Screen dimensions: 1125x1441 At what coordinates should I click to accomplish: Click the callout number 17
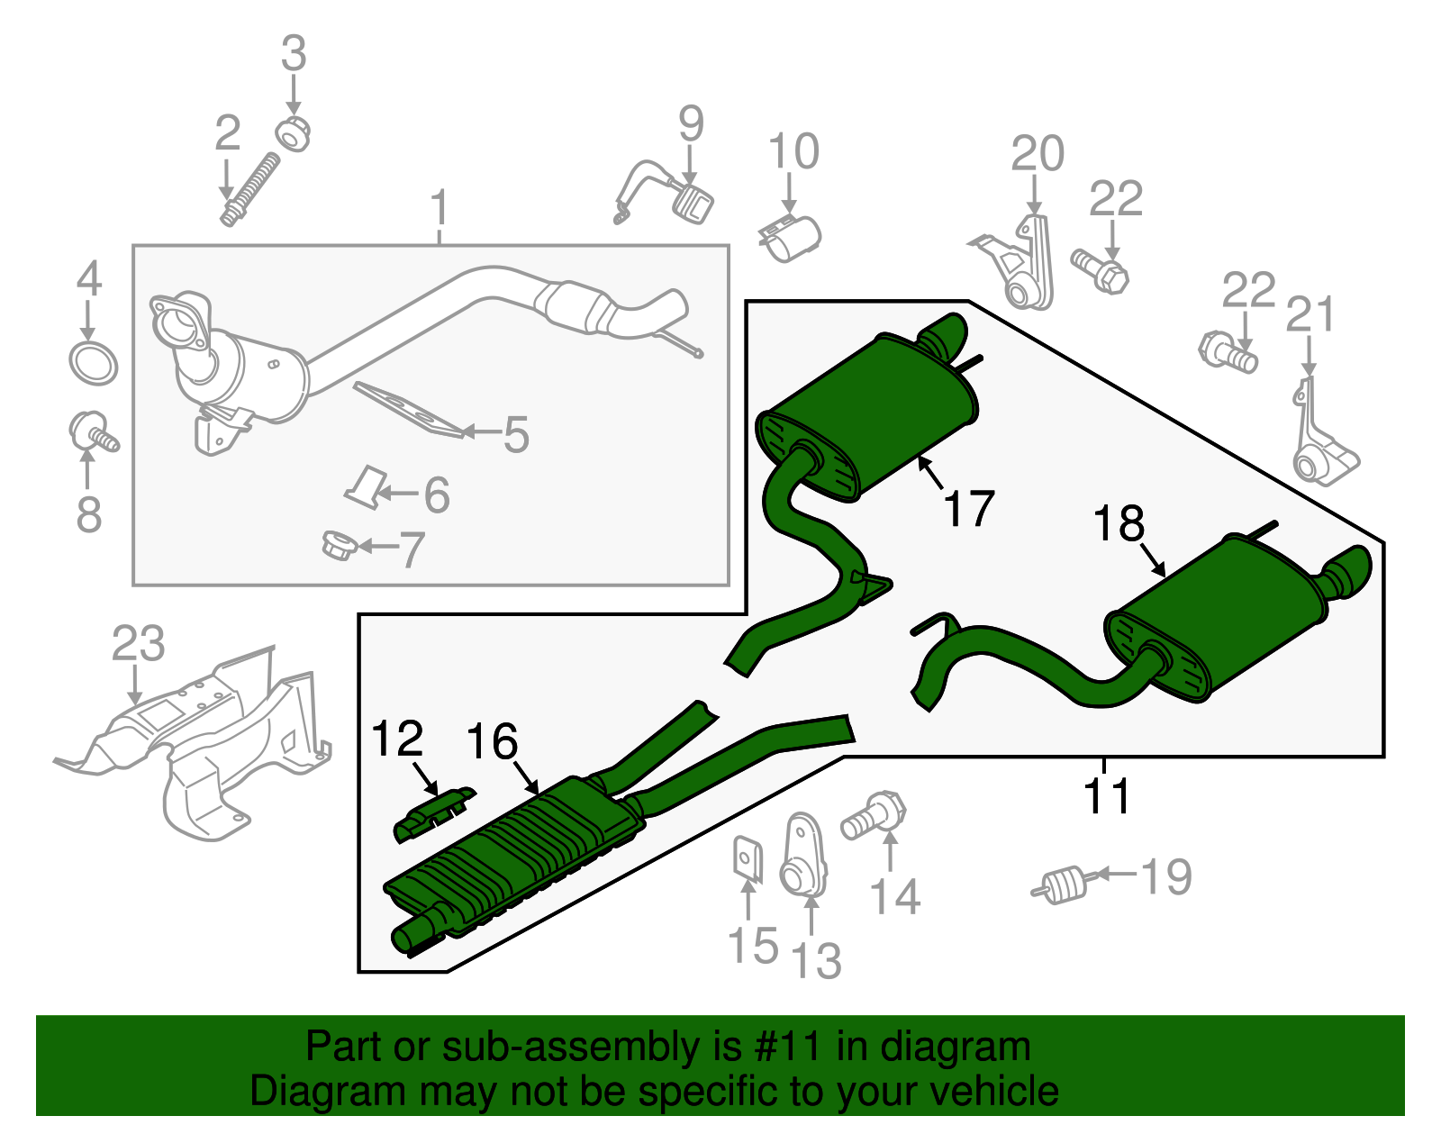(968, 509)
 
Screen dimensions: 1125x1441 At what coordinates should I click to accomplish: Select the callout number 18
(1119, 523)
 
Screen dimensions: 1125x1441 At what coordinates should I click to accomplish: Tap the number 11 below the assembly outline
(1106, 796)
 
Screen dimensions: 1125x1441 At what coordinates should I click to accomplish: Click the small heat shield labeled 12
(435, 813)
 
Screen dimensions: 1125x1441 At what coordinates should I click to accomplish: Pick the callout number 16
(492, 742)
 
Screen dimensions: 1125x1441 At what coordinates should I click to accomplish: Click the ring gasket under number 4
(94, 363)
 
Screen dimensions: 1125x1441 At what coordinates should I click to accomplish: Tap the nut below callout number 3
(293, 133)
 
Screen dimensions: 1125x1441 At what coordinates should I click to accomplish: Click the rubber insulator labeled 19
(1063, 882)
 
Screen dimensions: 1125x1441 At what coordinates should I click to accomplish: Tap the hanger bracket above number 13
(802, 856)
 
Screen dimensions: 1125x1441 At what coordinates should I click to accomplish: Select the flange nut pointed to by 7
(339, 545)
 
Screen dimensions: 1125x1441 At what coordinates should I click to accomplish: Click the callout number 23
(138, 644)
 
